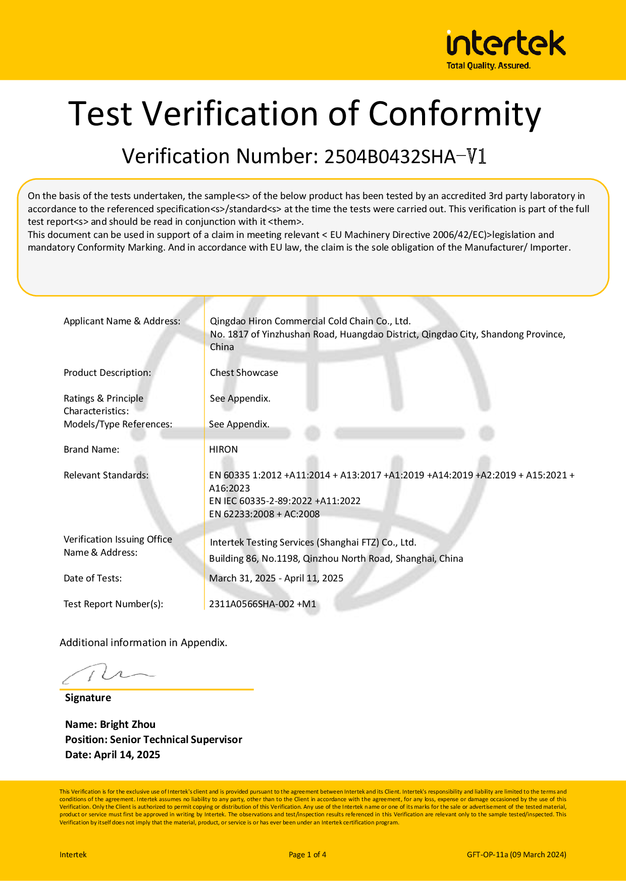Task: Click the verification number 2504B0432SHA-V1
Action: pyautogui.click(x=405, y=157)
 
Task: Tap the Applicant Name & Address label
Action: pyautogui.click(x=122, y=321)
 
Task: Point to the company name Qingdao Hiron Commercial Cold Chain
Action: pyautogui.click(x=310, y=321)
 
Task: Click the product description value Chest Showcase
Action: pyautogui.click(x=244, y=373)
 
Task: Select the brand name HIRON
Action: pyautogui.click(x=223, y=450)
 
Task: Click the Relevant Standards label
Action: pyautogui.click(x=106, y=475)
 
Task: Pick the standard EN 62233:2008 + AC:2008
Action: pyautogui.click(x=264, y=514)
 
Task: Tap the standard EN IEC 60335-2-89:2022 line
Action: pyautogui.click(x=285, y=501)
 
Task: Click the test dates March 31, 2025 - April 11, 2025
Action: pyautogui.click(x=276, y=578)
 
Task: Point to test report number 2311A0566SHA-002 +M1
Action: pyautogui.click(x=263, y=604)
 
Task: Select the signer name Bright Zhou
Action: pyautogui.click(x=127, y=724)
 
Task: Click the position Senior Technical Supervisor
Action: pyautogui.click(x=176, y=740)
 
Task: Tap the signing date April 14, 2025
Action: pyautogui.click(x=127, y=755)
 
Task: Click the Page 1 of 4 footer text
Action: pyautogui.click(x=307, y=855)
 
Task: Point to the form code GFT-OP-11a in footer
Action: pyautogui.click(x=487, y=855)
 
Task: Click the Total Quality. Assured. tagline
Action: pyautogui.click(x=488, y=66)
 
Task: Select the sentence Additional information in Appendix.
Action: pyautogui.click(x=143, y=643)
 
